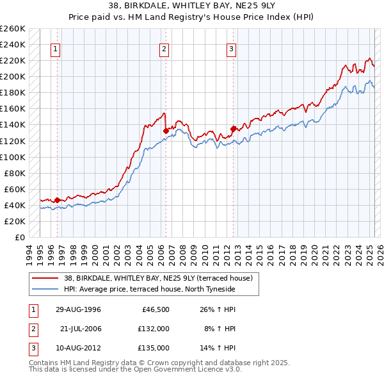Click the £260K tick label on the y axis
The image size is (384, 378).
click(x=12, y=29)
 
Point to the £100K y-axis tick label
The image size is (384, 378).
click(x=12, y=157)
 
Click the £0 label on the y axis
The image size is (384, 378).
click(x=19, y=237)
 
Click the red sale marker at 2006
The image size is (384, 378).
click(x=166, y=131)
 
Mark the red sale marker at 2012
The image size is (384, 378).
click(x=233, y=128)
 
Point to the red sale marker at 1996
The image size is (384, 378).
click(x=57, y=200)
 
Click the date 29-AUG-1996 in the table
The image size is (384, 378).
click(x=78, y=309)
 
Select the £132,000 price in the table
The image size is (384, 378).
click(x=154, y=329)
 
